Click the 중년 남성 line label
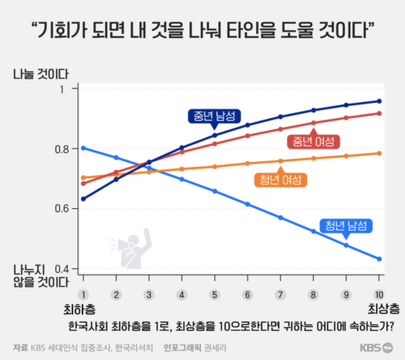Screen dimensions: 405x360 coord(214,116)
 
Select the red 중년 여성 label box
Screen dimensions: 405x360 coord(314,142)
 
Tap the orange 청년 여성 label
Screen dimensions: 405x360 coord(280,180)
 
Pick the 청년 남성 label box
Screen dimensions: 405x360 coord(346,226)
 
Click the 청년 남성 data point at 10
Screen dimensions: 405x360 coord(379,259)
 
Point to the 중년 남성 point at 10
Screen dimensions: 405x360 coord(379,101)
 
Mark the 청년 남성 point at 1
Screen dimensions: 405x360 coord(84,148)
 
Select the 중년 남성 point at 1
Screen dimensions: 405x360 coord(84,199)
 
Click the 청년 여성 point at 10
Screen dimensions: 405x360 coord(379,153)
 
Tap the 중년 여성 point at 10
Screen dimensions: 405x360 coord(379,113)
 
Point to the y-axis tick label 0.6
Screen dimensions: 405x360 coord(62,209)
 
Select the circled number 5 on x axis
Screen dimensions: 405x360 coord(215,295)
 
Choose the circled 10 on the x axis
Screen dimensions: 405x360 coord(379,295)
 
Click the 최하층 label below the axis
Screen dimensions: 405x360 coord(79,310)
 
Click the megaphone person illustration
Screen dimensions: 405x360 coord(131,248)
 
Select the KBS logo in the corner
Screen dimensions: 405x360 coord(377,348)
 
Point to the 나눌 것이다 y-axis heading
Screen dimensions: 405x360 coord(41,74)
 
